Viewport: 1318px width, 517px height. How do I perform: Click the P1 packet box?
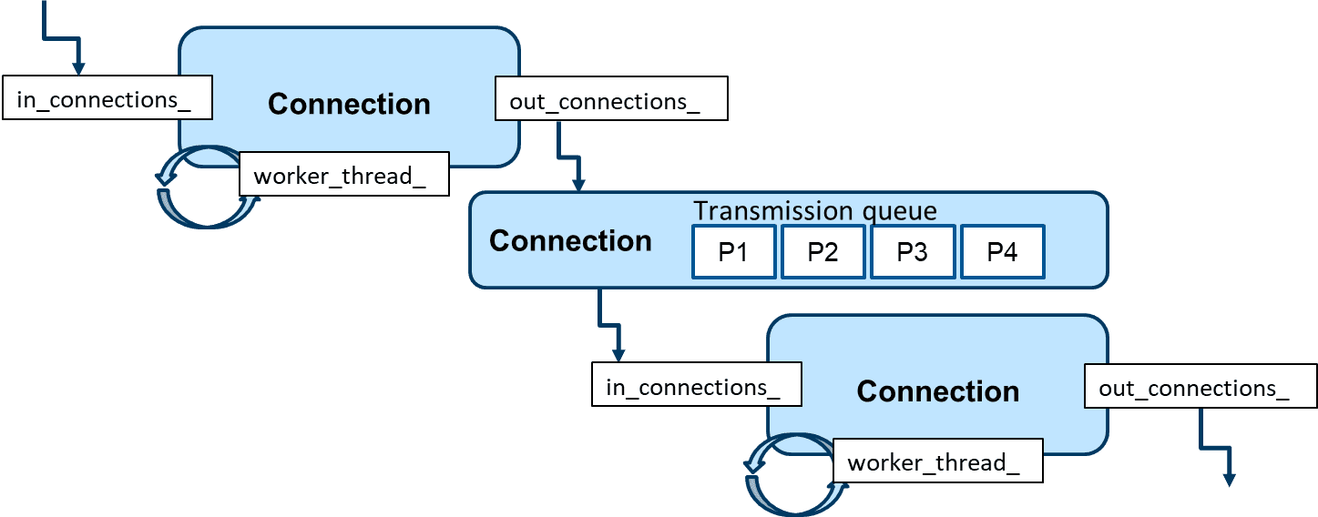click(733, 252)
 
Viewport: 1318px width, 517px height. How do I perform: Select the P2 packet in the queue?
click(822, 252)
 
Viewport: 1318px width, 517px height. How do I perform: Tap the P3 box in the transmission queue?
click(912, 252)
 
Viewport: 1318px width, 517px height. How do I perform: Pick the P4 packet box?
click(1002, 252)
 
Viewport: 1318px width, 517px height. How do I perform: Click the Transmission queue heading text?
click(814, 211)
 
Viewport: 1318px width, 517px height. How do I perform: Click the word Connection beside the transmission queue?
click(570, 241)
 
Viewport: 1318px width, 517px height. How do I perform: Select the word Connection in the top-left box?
click(349, 104)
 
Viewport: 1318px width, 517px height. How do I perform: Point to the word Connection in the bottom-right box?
click(937, 391)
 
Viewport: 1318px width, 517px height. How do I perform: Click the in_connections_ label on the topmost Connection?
click(107, 98)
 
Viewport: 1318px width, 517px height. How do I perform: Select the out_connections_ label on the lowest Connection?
click(1200, 387)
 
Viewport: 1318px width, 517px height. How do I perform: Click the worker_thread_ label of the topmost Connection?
click(343, 175)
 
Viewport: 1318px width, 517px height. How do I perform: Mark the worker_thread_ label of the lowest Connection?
click(937, 461)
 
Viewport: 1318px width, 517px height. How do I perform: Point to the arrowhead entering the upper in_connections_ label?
click(78, 68)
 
